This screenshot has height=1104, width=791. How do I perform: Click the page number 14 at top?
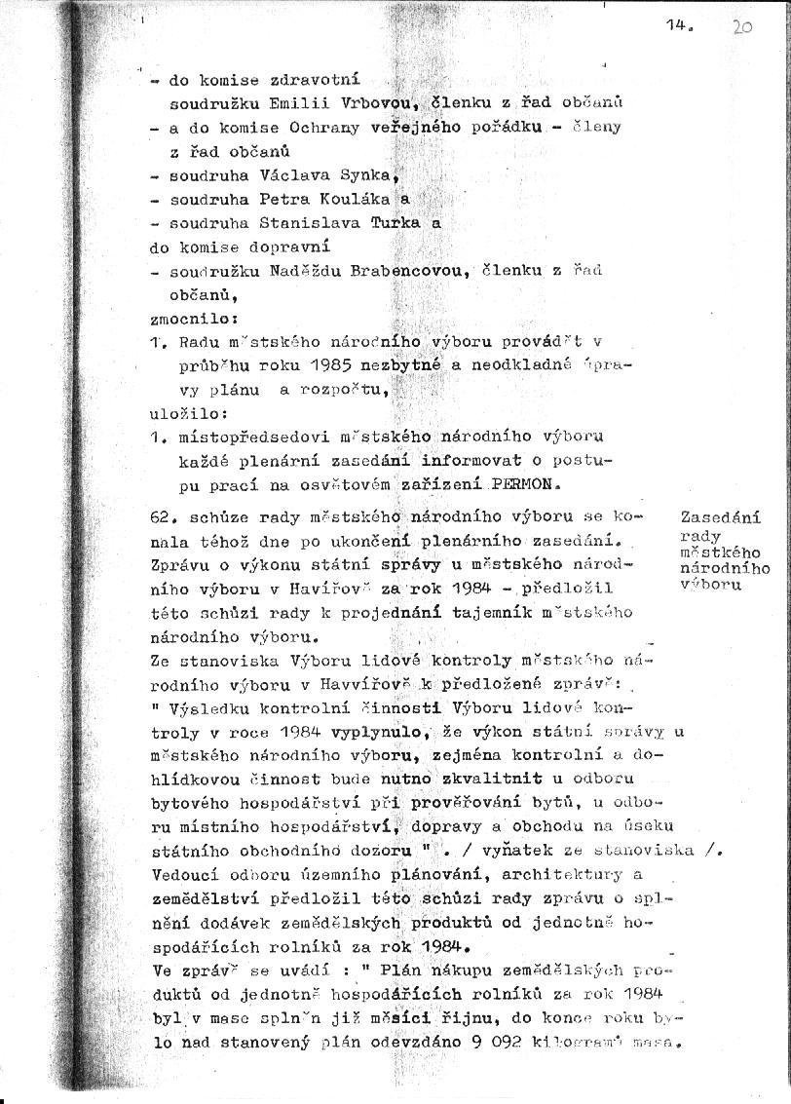pyautogui.click(x=677, y=28)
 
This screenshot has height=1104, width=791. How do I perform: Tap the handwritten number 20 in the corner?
pyautogui.click(x=741, y=28)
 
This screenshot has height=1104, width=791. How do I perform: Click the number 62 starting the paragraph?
pyautogui.click(x=162, y=517)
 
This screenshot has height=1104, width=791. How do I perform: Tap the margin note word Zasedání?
pyautogui.click(x=721, y=517)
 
